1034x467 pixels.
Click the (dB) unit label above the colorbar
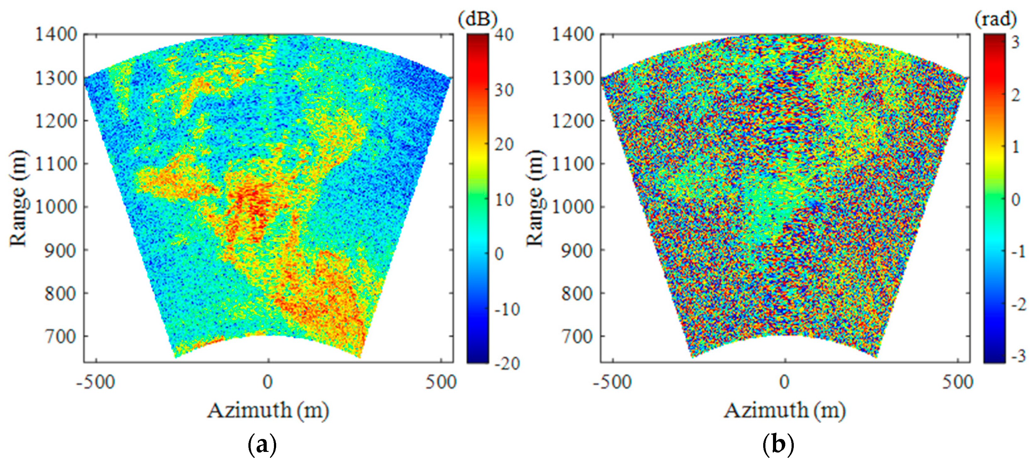[x=477, y=19]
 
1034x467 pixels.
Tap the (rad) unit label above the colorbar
[x=996, y=19]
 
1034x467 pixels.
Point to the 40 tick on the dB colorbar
[x=504, y=35]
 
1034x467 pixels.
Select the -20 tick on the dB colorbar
[x=507, y=364]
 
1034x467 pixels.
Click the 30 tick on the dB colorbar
[x=504, y=90]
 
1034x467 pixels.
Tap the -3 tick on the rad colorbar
[x=1017, y=356]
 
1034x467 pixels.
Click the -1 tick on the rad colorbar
[x=1017, y=251]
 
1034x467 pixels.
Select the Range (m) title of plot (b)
[x=535, y=198]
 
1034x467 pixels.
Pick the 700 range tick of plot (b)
[x=577, y=336]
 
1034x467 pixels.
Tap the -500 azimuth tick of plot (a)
[x=96, y=382]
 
